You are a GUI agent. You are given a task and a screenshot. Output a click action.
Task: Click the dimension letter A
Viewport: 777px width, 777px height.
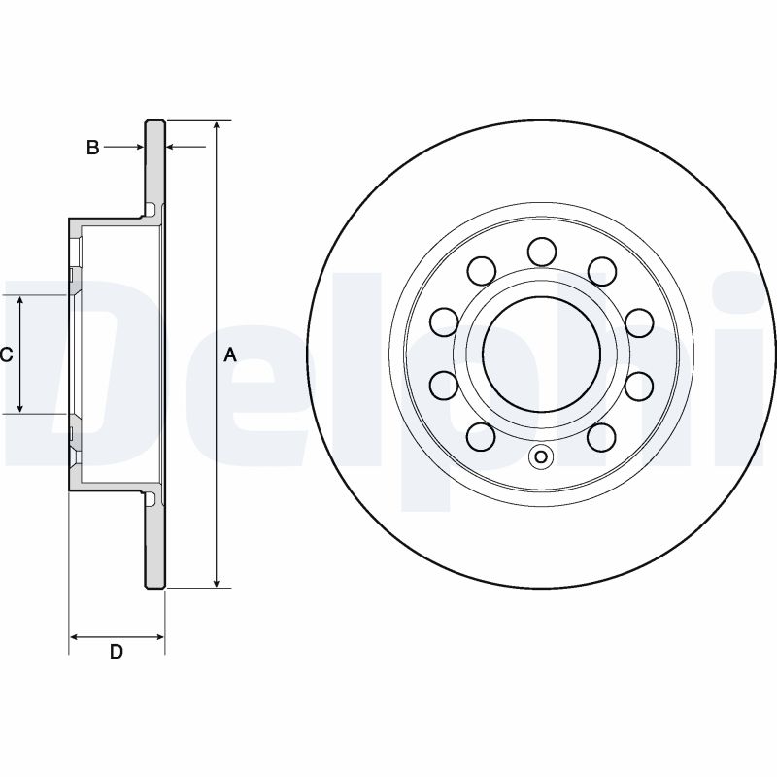[x=230, y=355]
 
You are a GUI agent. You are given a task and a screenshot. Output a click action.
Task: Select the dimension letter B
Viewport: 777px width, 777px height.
[x=92, y=148]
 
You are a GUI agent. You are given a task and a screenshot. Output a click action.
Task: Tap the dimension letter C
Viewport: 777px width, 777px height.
[x=6, y=355]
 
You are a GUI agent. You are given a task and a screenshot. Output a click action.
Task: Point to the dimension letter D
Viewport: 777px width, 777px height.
[x=116, y=653]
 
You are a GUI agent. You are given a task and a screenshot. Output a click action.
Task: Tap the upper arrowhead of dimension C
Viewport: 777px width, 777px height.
[x=20, y=300]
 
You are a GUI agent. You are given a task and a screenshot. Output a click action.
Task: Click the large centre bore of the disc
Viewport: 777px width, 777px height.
[x=541, y=353]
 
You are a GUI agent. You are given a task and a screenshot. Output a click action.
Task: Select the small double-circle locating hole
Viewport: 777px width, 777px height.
[x=541, y=457]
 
